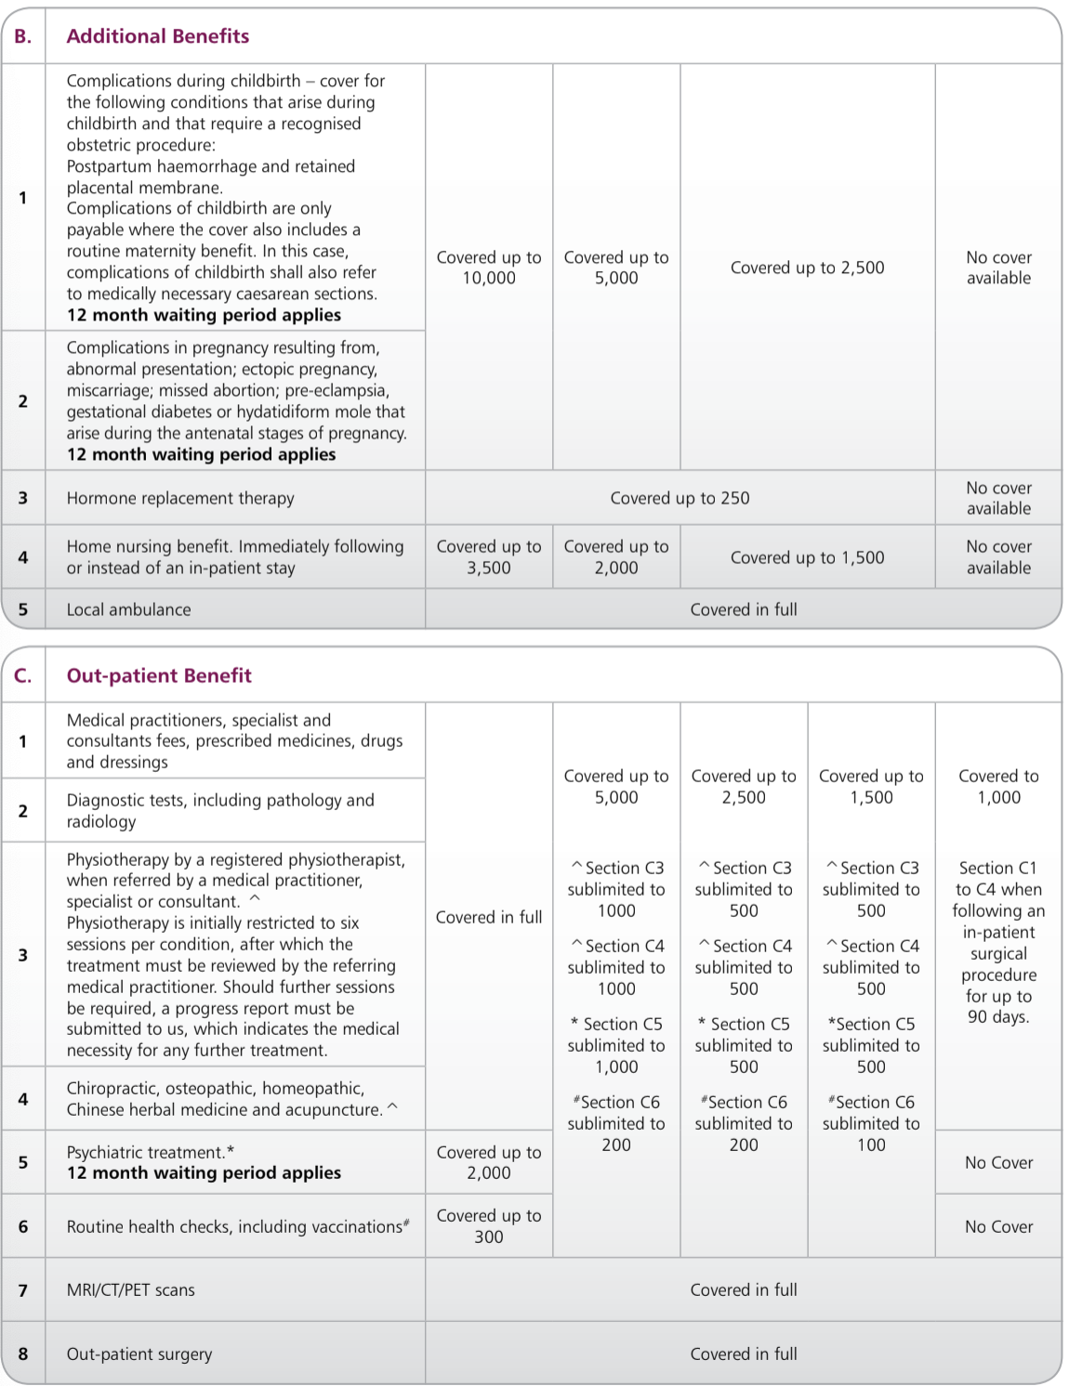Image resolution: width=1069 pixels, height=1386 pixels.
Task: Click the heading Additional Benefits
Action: [x=158, y=36]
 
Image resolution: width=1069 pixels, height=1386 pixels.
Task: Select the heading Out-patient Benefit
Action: [x=159, y=675]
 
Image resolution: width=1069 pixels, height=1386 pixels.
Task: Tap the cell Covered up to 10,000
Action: [x=489, y=268]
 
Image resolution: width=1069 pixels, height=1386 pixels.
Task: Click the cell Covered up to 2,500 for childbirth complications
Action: [x=807, y=268]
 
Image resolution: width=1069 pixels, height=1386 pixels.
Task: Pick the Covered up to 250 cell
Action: [x=680, y=498]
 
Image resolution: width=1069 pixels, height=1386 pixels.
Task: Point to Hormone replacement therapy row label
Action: [x=180, y=498]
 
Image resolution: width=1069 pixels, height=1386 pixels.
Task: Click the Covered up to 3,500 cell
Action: [x=489, y=557]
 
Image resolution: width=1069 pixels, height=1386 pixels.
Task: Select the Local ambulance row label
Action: [x=128, y=609]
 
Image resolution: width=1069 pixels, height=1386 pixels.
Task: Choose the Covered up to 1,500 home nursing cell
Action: [x=807, y=557]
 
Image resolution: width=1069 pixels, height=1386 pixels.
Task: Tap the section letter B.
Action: [x=23, y=36]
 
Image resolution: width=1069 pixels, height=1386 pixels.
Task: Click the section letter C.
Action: [x=23, y=675]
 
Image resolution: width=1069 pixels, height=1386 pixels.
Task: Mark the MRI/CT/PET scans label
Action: [x=131, y=1289]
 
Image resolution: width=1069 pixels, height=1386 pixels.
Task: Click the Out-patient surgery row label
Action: [x=139, y=1354]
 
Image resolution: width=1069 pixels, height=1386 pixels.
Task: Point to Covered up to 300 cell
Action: [x=489, y=1226]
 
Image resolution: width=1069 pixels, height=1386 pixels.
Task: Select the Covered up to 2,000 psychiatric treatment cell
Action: [x=489, y=1162]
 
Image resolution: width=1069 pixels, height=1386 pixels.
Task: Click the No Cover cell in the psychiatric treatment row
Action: [x=998, y=1162]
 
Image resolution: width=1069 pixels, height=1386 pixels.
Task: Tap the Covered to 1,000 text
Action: [x=998, y=786]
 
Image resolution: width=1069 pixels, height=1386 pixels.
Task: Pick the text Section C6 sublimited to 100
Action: [x=871, y=1123]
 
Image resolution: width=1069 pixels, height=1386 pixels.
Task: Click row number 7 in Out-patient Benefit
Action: [x=23, y=1289]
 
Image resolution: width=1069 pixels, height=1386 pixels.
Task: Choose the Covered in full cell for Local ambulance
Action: [x=744, y=609]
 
